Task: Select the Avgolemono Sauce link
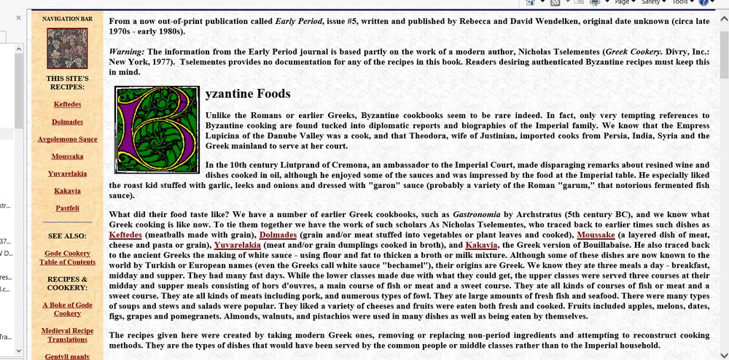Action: click(x=66, y=138)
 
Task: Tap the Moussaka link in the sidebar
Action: click(x=66, y=156)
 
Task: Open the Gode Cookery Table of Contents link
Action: click(x=66, y=257)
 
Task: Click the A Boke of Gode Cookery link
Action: click(x=66, y=308)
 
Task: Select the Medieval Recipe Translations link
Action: click(x=66, y=334)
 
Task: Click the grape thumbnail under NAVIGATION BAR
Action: click(x=66, y=49)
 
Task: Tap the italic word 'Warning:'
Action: click(x=126, y=53)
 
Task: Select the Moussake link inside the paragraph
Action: click(x=596, y=235)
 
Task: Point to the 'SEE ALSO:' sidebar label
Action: click(x=66, y=236)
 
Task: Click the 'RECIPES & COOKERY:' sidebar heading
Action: click(x=66, y=283)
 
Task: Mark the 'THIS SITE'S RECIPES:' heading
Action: click(x=66, y=82)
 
